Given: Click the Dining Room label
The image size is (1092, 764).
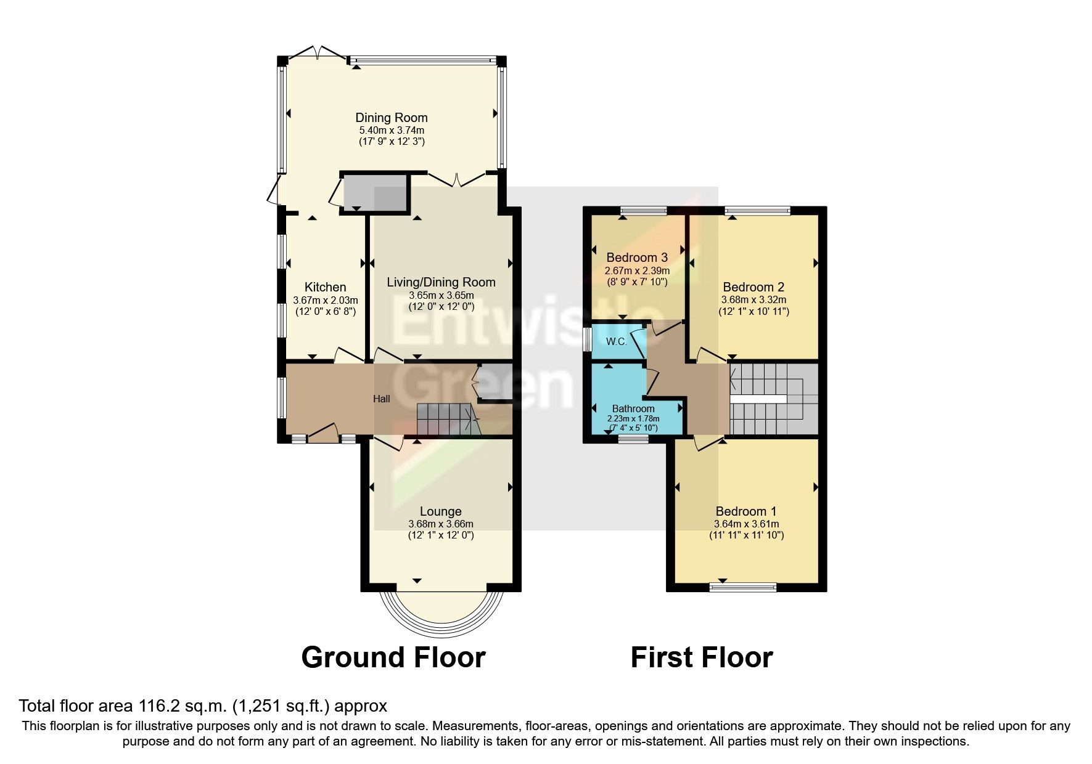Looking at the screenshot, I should pos(391,118).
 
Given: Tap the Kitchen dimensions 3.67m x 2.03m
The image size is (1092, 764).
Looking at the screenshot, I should pos(325,300).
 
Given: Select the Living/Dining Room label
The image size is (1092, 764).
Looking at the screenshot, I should pos(441,282).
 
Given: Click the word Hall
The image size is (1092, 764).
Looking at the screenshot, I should pos(381,399).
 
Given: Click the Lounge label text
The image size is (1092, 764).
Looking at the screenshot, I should pos(440,511).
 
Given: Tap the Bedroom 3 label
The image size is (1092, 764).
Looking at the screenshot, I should pos(637,258).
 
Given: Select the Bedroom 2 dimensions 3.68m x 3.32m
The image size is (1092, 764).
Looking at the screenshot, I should pos(753,300).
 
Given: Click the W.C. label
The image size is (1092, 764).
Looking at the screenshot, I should pos(616,341).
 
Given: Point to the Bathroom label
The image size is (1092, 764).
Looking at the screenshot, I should pos(633,408).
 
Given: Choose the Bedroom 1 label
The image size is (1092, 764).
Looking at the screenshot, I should pos(745,511).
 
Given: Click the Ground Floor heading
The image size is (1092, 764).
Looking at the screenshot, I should pos(393,657).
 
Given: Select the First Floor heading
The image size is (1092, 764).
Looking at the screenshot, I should pos(701,657).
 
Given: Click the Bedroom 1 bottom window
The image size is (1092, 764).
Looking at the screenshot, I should pos(743,587).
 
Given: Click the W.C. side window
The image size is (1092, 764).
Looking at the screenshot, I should pos(587,339).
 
